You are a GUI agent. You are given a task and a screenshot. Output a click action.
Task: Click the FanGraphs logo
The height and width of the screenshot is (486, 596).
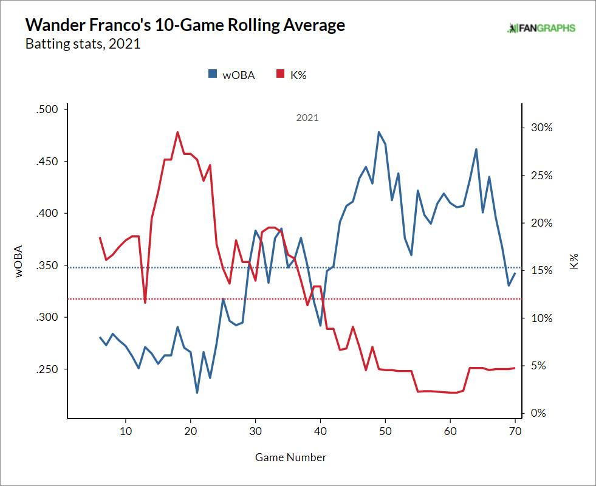pos(541,28)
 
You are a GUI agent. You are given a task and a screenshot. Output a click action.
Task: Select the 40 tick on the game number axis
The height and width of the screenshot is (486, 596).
pos(320,431)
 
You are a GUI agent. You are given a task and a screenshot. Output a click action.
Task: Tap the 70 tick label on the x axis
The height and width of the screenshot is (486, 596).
pos(515,431)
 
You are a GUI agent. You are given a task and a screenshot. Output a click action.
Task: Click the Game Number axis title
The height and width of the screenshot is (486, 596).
pos(290,457)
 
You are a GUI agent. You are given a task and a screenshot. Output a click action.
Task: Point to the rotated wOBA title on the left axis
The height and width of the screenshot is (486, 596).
pos(19,261)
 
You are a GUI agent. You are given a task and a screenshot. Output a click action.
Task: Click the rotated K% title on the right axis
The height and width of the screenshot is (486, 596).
pos(574,262)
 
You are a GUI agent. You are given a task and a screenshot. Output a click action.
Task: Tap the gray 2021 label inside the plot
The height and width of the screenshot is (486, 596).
pos(307,118)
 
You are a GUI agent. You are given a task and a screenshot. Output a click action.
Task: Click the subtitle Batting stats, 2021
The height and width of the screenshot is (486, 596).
pos(83,44)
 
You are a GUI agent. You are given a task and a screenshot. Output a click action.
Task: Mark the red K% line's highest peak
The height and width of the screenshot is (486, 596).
pos(177,132)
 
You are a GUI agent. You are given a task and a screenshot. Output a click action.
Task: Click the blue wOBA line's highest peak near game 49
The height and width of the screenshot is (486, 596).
pos(378,132)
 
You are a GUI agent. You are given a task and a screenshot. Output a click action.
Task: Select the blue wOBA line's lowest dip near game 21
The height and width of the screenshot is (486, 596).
pos(197,392)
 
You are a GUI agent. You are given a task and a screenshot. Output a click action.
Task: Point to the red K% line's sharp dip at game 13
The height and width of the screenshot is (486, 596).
pos(145,303)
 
